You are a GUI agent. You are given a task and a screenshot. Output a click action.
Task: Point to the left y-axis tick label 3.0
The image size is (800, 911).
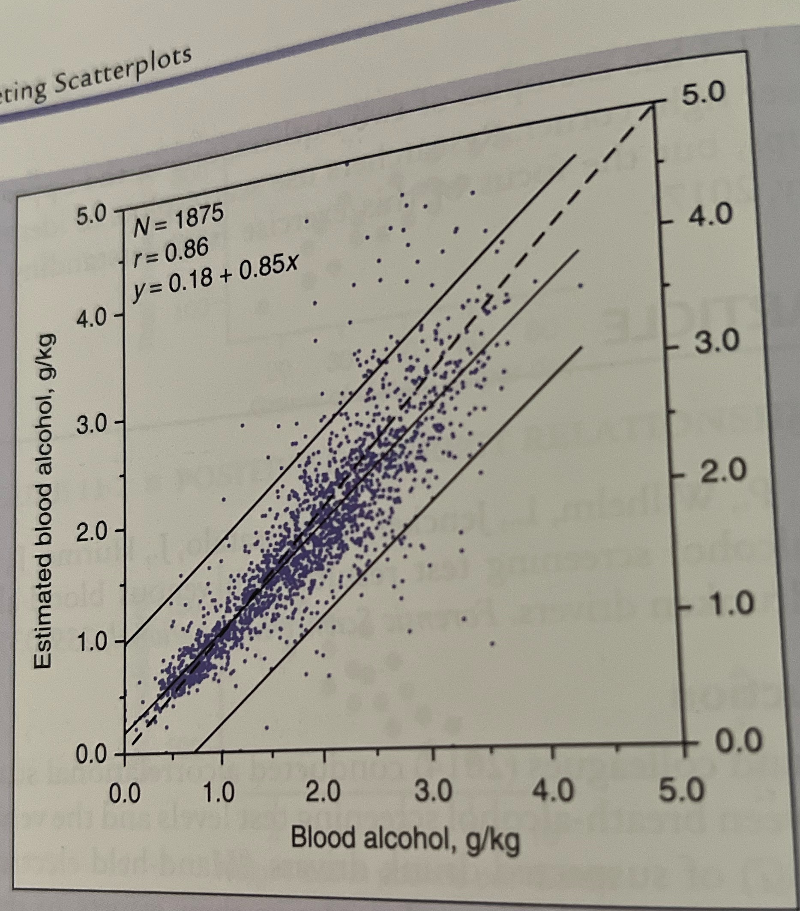[91, 424]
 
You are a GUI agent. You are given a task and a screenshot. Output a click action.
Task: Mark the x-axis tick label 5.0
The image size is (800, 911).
[683, 792]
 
